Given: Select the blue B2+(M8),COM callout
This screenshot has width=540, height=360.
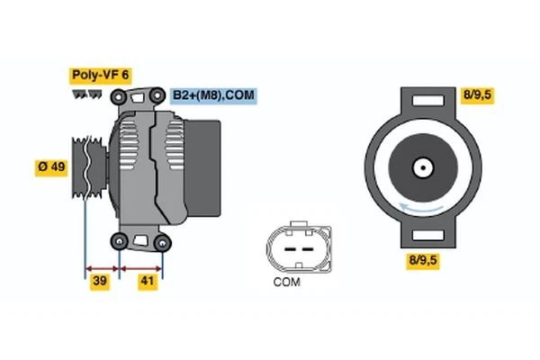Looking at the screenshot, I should point(213,94).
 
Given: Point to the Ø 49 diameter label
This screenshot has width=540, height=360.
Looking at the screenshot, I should point(52,168).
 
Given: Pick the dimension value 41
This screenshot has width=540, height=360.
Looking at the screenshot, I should point(148,283).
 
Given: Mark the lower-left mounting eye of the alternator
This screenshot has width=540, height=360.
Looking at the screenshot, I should point(120,240).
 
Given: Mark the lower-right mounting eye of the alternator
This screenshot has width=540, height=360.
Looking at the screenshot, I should point(162,241).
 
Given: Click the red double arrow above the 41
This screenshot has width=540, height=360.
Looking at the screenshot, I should point(142,267).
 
